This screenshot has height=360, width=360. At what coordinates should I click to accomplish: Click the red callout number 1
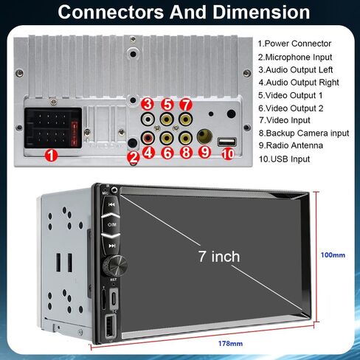tap(51, 156)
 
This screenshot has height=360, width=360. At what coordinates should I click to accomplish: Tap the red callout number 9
tap(204, 152)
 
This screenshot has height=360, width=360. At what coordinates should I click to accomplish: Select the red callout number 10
tap(228, 154)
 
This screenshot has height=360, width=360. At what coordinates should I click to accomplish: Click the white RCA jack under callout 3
tap(148, 120)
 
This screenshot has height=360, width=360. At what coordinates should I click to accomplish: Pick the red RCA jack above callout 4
tap(148, 138)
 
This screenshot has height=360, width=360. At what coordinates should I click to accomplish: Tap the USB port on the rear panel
tap(227, 142)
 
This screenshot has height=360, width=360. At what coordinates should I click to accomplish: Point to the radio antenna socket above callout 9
tap(204, 136)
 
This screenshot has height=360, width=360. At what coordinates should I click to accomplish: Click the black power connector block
tap(53, 128)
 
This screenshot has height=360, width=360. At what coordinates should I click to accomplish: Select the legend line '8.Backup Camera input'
tap(304, 133)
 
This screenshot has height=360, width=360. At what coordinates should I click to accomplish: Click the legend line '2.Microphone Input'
tap(295, 58)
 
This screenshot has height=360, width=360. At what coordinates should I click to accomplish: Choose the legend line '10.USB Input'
tap(284, 159)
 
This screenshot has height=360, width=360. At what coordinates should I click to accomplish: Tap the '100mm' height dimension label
tap(333, 255)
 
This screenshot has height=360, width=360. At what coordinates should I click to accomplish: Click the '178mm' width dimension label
tap(230, 344)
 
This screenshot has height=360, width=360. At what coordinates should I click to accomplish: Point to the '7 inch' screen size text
tap(219, 257)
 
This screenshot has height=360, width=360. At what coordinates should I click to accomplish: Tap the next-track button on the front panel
tap(112, 246)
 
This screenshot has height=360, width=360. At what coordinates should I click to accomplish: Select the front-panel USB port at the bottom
tap(110, 326)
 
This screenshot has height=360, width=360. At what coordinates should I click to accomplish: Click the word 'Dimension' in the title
tap(261, 12)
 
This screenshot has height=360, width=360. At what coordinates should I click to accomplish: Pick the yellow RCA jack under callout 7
tap(186, 120)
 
